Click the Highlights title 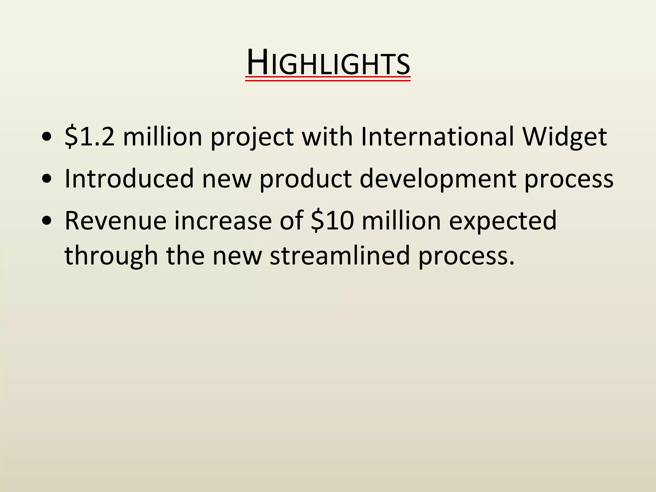(x=328, y=63)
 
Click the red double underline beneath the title (x=328, y=79)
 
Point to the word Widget (x=565, y=137)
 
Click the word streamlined (x=340, y=256)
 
